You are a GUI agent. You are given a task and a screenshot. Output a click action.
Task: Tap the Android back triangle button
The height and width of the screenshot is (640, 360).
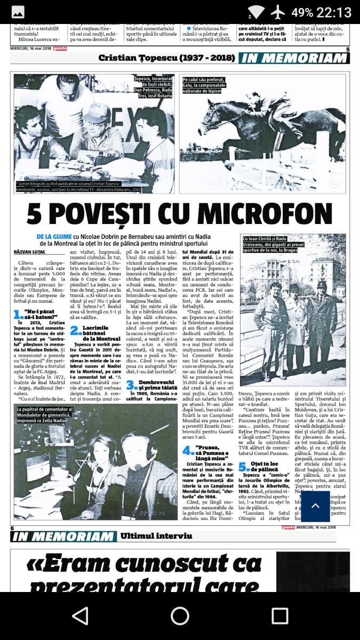80,615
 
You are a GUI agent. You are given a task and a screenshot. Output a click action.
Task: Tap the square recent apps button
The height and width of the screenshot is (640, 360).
279,615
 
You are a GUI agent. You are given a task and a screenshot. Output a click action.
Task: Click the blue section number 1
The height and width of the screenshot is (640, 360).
18,315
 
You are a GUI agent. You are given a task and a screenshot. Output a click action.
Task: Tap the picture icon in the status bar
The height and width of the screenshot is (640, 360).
18,12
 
